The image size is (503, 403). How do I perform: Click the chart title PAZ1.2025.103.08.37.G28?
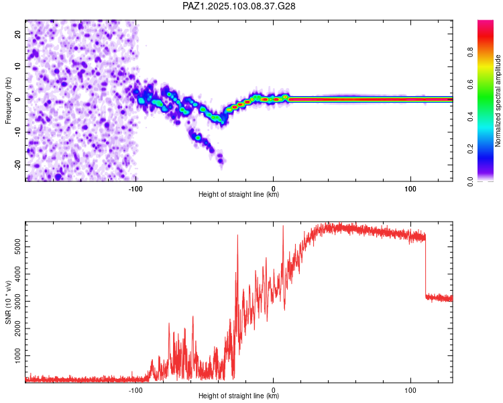pos(239,6)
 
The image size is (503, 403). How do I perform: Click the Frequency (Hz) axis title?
pos(8,101)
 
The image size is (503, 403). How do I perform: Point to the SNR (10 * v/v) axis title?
pos(8,302)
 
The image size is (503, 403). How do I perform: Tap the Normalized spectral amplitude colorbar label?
pos(498,101)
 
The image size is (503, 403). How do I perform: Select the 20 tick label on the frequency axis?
pos(17,34)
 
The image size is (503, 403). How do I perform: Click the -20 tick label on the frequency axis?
pos(17,165)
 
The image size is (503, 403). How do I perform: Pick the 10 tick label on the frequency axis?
pos(17,66)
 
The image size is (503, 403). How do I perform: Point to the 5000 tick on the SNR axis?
pos(17,247)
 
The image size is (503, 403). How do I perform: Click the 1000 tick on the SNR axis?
pos(17,356)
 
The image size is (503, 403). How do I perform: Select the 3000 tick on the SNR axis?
pos(17,301)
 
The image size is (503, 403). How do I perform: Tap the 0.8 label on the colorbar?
pos(470,52)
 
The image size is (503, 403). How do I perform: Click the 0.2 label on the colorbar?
pos(470,149)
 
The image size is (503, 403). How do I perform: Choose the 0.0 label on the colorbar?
pos(470,181)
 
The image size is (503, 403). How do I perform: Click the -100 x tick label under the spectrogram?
pos(135,189)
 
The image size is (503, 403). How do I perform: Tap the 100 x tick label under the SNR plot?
pos(410,390)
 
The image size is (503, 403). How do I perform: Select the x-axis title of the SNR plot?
pos(239,396)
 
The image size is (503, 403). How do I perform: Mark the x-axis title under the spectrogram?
pos(239,194)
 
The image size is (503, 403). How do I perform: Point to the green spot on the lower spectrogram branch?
pos(198,138)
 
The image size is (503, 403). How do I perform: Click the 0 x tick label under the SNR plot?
pos(274,390)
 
